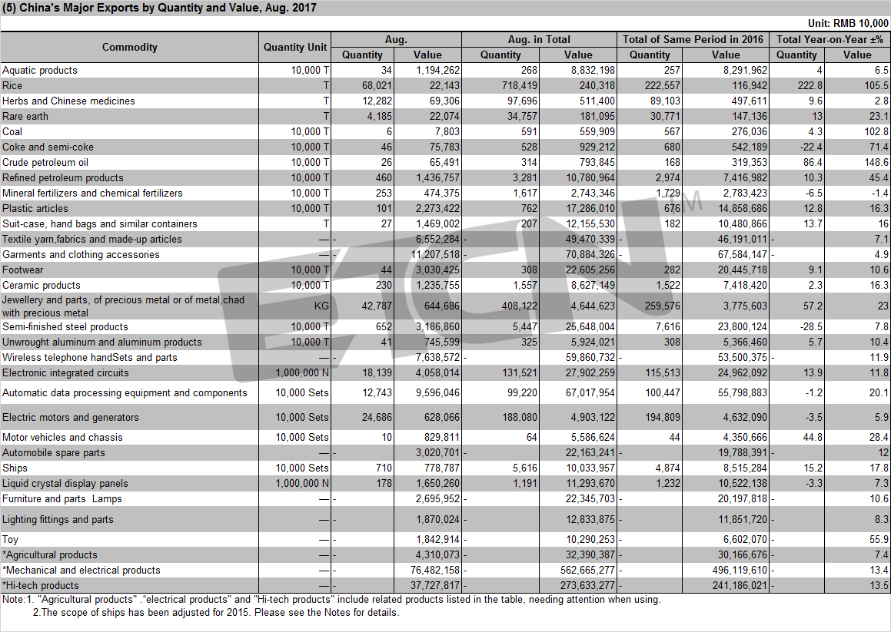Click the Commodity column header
click(130, 47)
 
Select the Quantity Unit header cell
click(295, 47)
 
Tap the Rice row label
click(12, 86)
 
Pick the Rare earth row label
click(25, 117)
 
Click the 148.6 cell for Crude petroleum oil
click(876, 162)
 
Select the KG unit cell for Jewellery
click(321, 306)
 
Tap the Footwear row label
click(23, 270)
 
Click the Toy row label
click(10, 539)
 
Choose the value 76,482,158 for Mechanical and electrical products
click(435, 570)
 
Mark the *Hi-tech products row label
click(40, 585)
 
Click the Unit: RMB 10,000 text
click(848, 23)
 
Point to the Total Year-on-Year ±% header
click(829, 39)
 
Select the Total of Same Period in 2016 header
click(693, 39)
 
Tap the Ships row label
click(15, 468)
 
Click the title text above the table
click(159, 8)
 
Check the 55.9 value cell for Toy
click(879, 539)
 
